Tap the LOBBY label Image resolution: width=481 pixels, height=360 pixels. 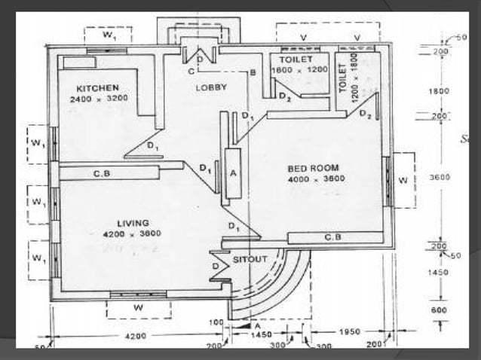[x=211, y=87]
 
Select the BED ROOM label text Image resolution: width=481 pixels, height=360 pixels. [x=312, y=167]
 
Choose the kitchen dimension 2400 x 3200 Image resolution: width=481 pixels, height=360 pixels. [x=98, y=99]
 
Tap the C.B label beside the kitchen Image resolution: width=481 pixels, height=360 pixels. [x=103, y=173]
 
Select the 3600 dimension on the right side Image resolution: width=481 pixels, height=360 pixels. [x=440, y=177]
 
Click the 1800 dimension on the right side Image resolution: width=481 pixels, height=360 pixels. [x=440, y=90]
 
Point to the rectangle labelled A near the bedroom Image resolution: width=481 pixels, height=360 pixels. [x=233, y=173]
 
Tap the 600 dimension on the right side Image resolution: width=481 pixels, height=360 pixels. [x=440, y=309]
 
